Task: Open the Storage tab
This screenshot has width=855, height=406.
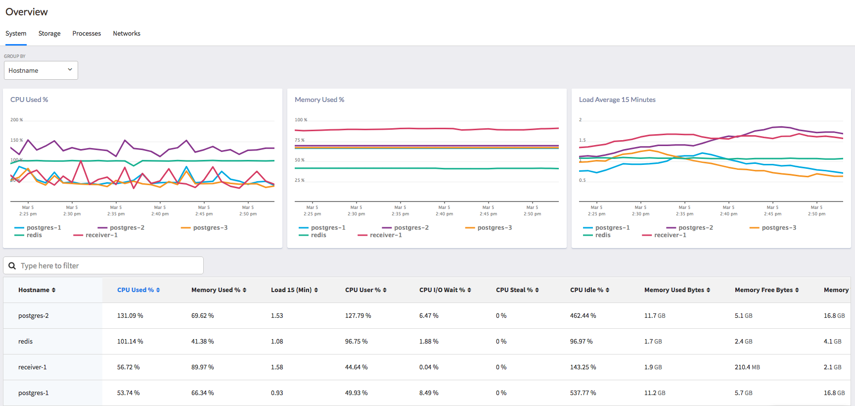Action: (49, 34)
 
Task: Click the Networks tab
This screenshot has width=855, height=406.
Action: (127, 34)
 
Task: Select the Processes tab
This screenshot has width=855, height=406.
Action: (87, 34)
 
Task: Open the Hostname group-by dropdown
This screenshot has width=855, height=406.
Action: (41, 70)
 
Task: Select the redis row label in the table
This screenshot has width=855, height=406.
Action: (26, 342)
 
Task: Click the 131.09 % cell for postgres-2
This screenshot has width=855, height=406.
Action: (130, 316)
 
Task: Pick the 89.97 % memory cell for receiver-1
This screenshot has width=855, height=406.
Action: (203, 367)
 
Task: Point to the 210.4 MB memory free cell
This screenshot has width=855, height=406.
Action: (747, 367)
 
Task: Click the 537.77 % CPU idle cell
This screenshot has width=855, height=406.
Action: (583, 393)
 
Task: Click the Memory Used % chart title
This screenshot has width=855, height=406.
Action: (319, 100)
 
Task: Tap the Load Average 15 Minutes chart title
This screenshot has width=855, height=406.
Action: (617, 100)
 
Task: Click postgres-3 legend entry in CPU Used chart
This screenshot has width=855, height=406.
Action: (210, 228)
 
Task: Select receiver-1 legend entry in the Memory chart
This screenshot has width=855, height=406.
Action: (385, 235)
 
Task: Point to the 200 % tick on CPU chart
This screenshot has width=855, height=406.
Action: (16, 120)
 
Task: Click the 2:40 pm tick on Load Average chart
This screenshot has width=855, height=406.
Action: (728, 211)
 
